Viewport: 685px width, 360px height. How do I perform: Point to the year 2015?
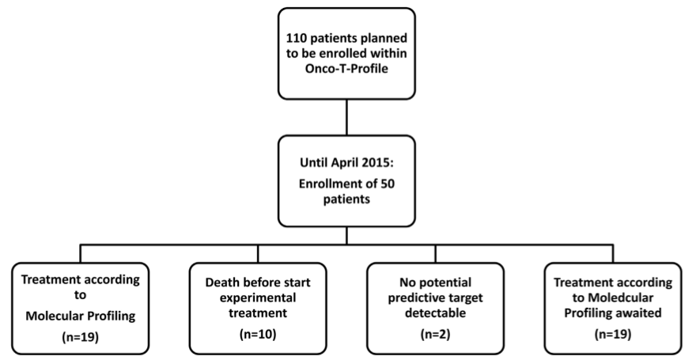point(384,165)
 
